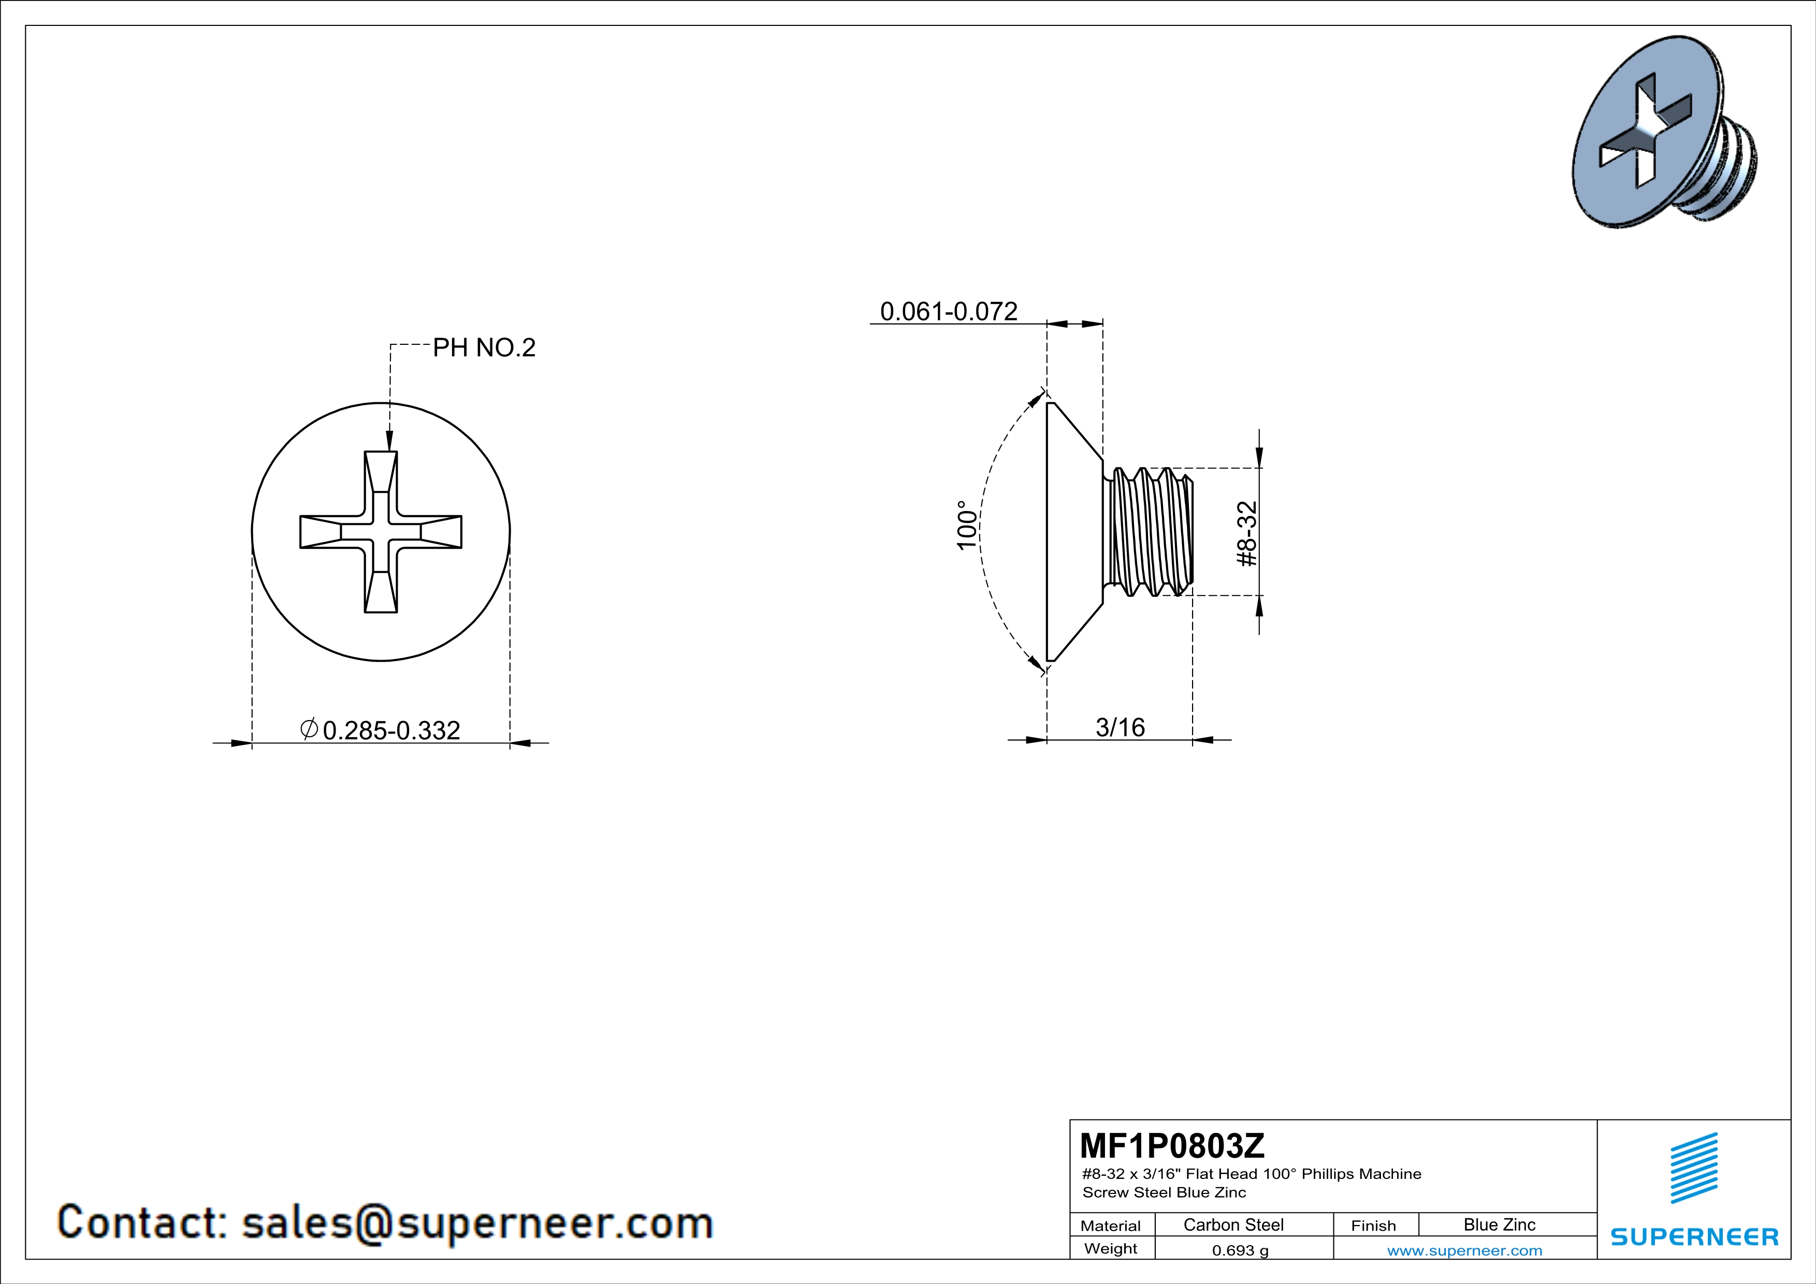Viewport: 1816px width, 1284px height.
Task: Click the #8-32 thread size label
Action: pos(1246,534)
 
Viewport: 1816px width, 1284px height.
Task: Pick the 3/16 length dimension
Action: pos(1120,726)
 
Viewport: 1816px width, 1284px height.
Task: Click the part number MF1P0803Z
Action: pos(1172,1145)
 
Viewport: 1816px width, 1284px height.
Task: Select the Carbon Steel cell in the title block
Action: pos(1233,1224)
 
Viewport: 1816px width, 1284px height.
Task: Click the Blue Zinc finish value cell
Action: pos(1500,1224)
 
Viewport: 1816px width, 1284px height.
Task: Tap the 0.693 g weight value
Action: pos(1240,1250)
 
